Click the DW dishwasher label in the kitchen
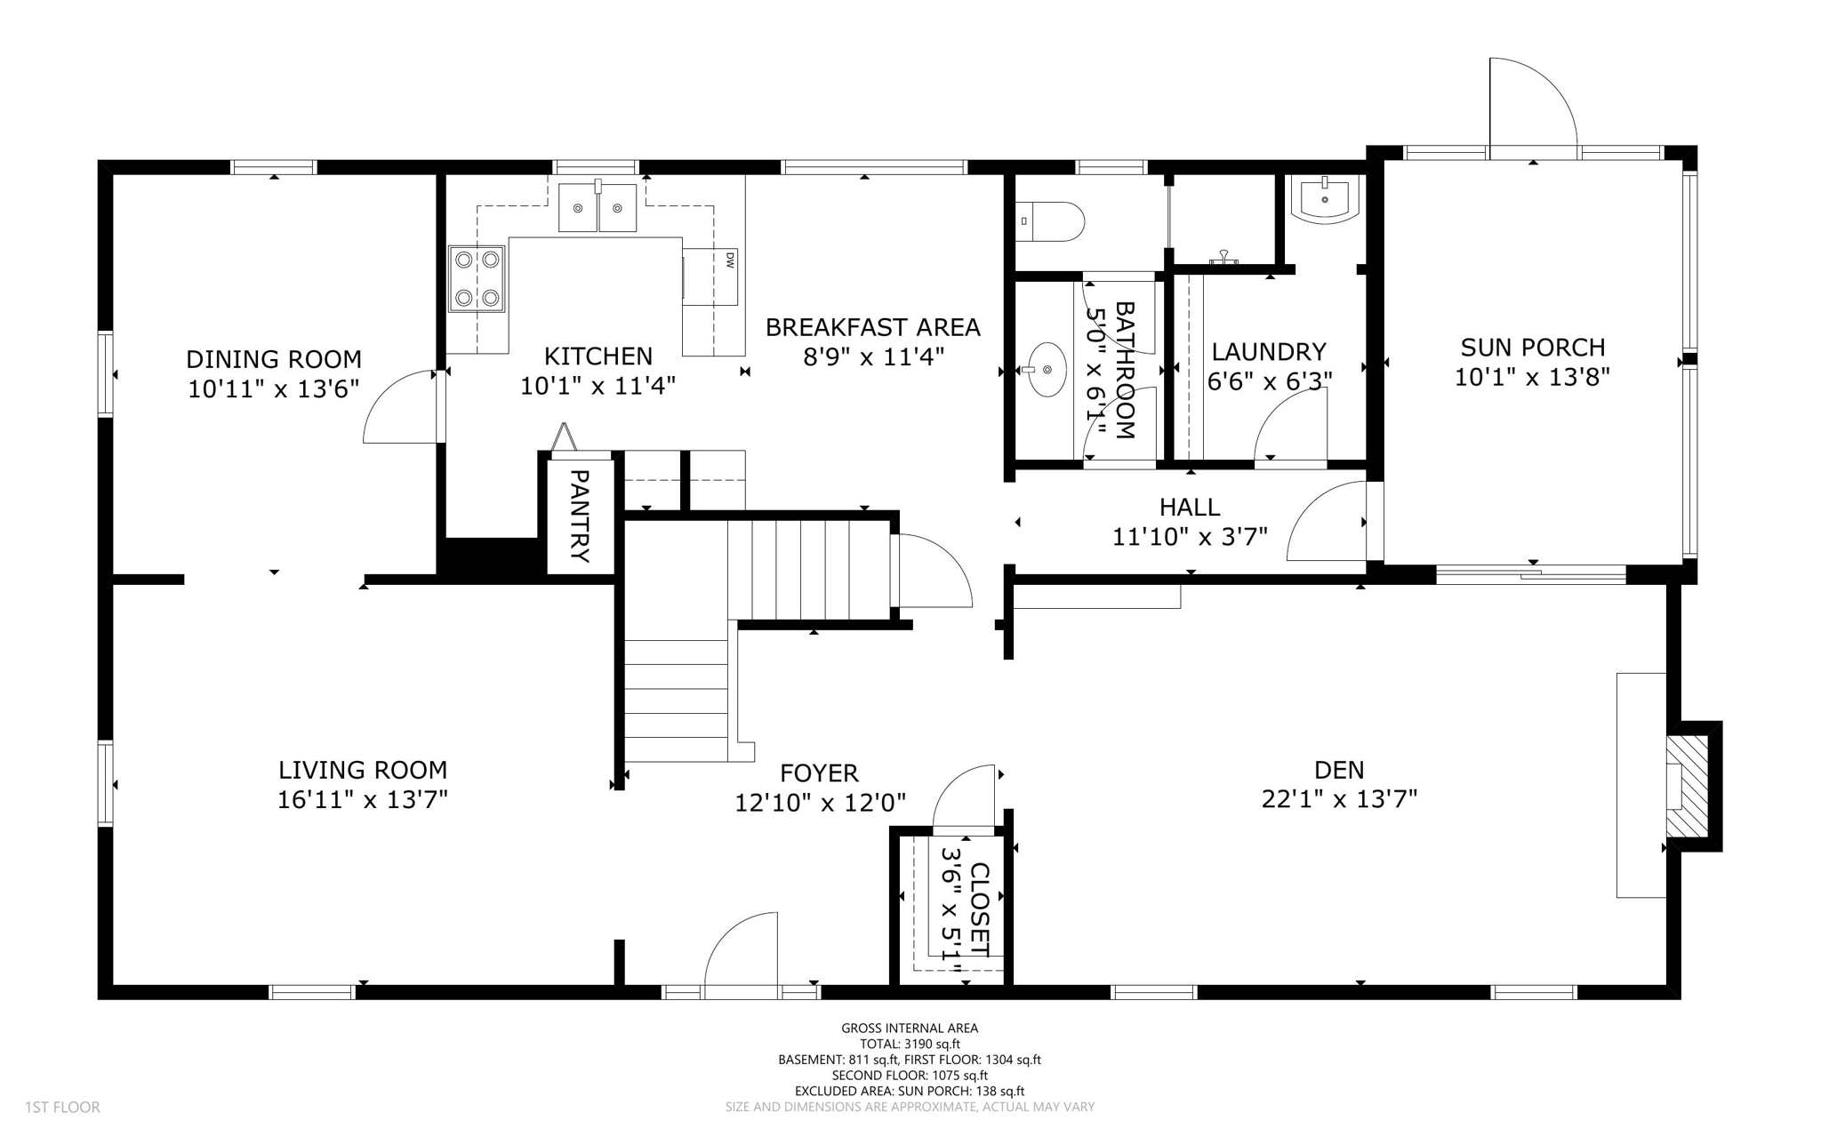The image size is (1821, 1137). [729, 260]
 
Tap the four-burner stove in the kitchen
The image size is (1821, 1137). [477, 278]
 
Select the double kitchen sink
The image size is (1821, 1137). [598, 207]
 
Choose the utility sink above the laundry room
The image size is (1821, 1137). [1325, 197]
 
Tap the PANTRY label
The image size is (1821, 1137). [580, 516]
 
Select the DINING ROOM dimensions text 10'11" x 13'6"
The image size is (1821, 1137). [274, 389]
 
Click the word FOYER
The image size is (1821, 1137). [819, 773]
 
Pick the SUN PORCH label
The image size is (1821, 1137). [1532, 347]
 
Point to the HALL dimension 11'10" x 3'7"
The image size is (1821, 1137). [1190, 537]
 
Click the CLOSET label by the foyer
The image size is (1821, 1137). [979, 909]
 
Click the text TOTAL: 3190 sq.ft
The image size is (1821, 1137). [910, 1045]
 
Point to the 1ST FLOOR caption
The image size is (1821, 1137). [62, 1108]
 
